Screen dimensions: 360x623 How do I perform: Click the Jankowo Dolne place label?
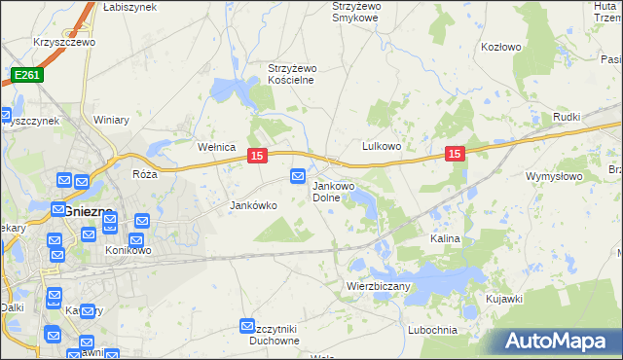coord(333,192)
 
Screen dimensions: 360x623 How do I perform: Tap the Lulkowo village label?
coord(383,146)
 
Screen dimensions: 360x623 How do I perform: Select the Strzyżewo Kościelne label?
coord(293,74)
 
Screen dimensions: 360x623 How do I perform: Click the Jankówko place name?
coord(253,206)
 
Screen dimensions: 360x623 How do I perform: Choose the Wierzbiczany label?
coord(379,287)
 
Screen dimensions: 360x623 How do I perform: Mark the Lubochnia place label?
coord(433,330)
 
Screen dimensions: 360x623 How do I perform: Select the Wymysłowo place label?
coord(553,176)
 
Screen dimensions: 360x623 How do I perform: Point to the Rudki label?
coord(566,118)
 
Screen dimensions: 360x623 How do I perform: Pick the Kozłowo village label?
coord(501,47)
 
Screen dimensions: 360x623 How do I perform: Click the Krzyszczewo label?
coord(62,44)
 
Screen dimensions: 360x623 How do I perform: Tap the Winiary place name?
coord(112,121)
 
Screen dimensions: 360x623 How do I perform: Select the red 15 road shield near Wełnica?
coord(257,156)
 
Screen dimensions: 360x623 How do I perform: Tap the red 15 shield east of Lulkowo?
coord(455,154)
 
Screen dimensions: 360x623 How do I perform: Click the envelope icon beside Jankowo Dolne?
coord(298,176)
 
